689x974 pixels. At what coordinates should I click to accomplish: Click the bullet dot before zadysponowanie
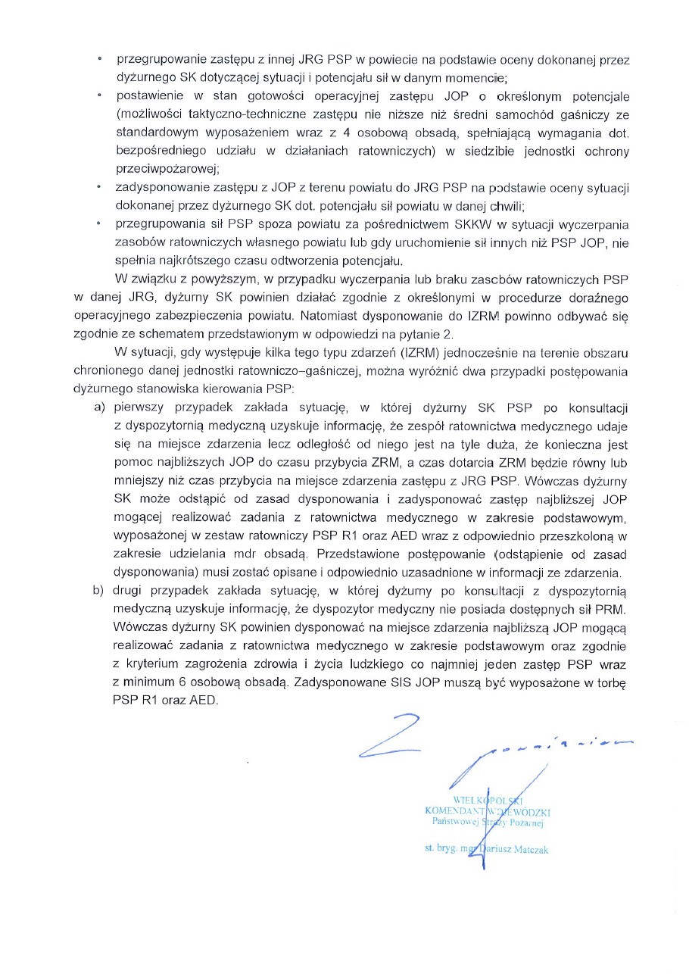tap(98, 187)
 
